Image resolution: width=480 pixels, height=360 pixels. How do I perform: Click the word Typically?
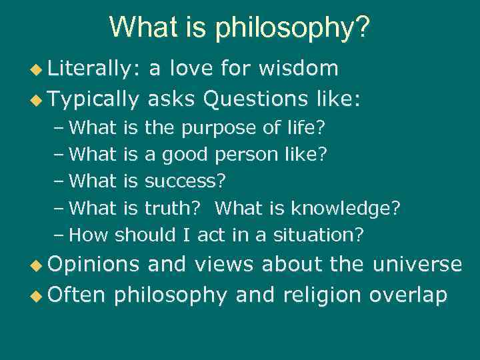[x=93, y=99]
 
